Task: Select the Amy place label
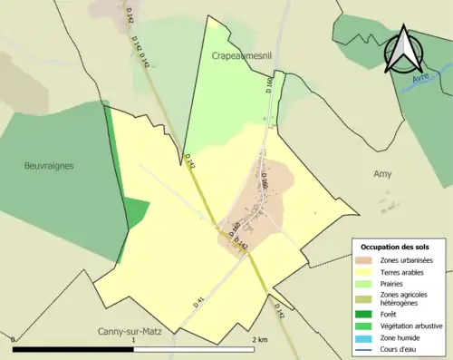pyautogui.click(x=382, y=173)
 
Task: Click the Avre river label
pyautogui.click(x=419, y=78)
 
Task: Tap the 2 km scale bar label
pyautogui.click(x=260, y=340)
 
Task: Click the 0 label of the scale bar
pyautogui.click(x=13, y=340)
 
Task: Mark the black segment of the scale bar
pyautogui.click(x=72, y=349)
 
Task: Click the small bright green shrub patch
pyautogui.click(x=135, y=213)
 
